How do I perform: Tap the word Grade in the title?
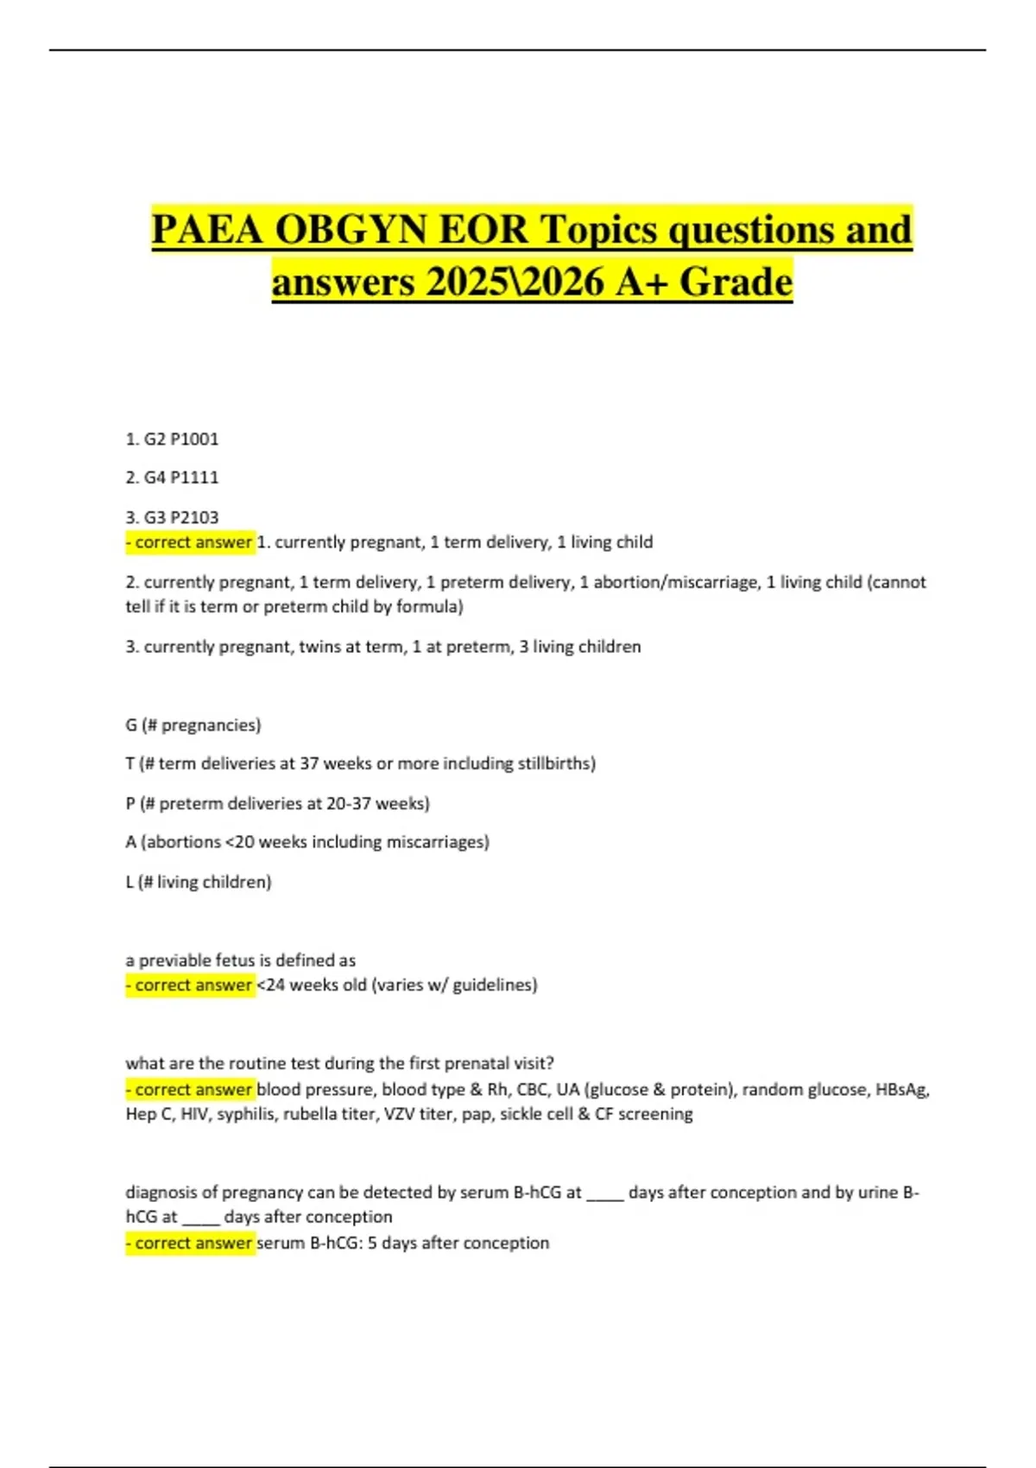[736, 282]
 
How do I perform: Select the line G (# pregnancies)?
[193, 725]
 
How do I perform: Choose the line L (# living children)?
[199, 882]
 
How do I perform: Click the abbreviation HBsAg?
[901, 1090]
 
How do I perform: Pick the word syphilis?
[246, 1114]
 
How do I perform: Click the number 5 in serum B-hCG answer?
[372, 1243]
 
